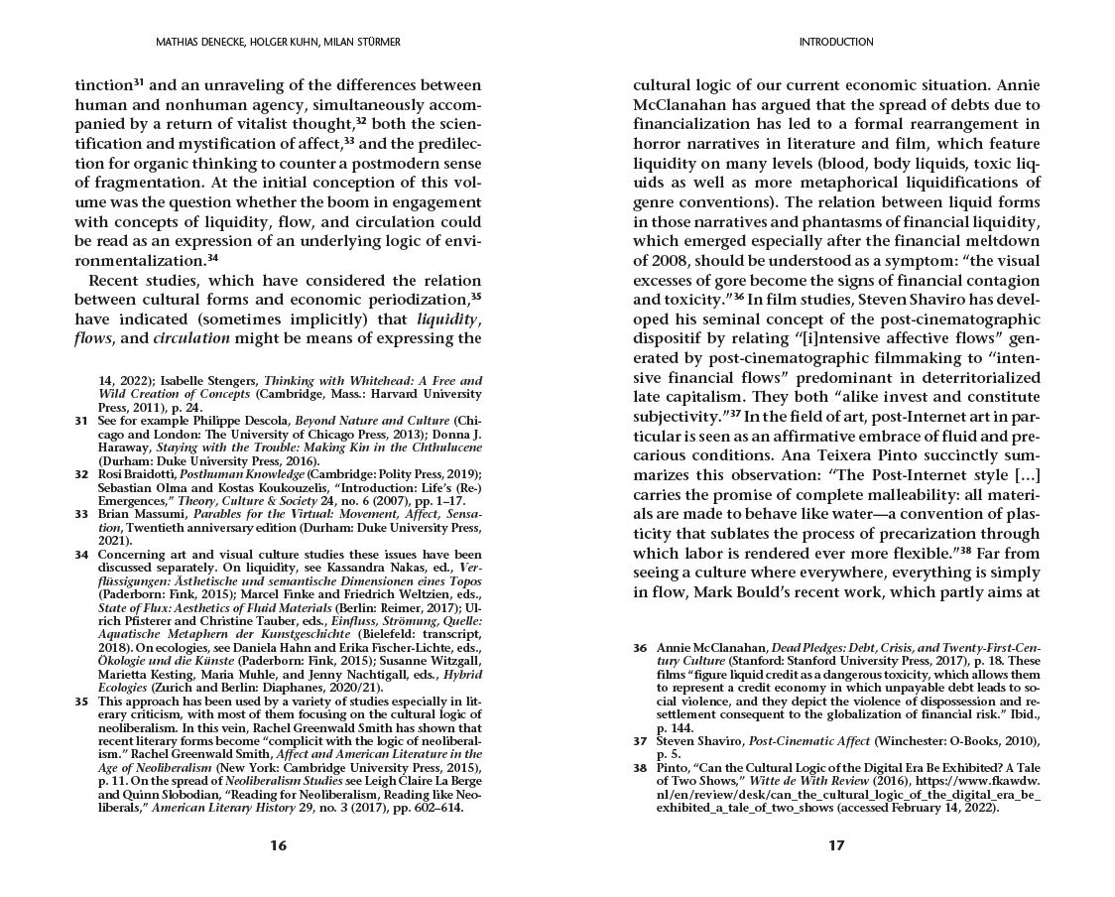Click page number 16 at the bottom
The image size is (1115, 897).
tap(278, 845)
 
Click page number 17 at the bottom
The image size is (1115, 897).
tap(835, 845)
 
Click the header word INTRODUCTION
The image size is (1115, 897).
tap(835, 42)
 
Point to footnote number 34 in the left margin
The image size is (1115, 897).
tap(80, 555)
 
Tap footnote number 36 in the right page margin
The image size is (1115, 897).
tap(640, 647)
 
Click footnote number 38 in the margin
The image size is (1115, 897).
tap(640, 767)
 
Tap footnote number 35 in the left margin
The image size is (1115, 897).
tap(80, 701)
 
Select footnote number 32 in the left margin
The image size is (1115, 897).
tap(80, 474)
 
